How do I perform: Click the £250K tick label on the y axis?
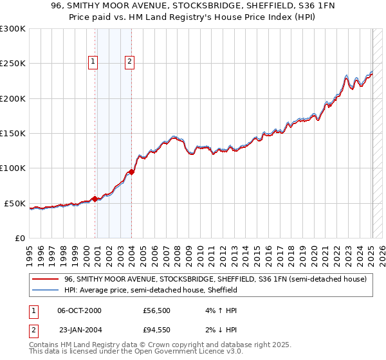pyautogui.click(x=12, y=64)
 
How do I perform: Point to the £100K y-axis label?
pyautogui.click(x=12, y=168)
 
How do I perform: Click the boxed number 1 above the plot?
pyautogui.click(x=93, y=62)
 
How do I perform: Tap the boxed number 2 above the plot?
pyautogui.click(x=129, y=62)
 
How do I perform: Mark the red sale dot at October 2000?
pyautogui.click(x=95, y=199)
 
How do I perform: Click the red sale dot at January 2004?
pyautogui.click(x=131, y=172)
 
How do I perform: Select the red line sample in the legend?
pyautogui.click(x=45, y=279)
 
